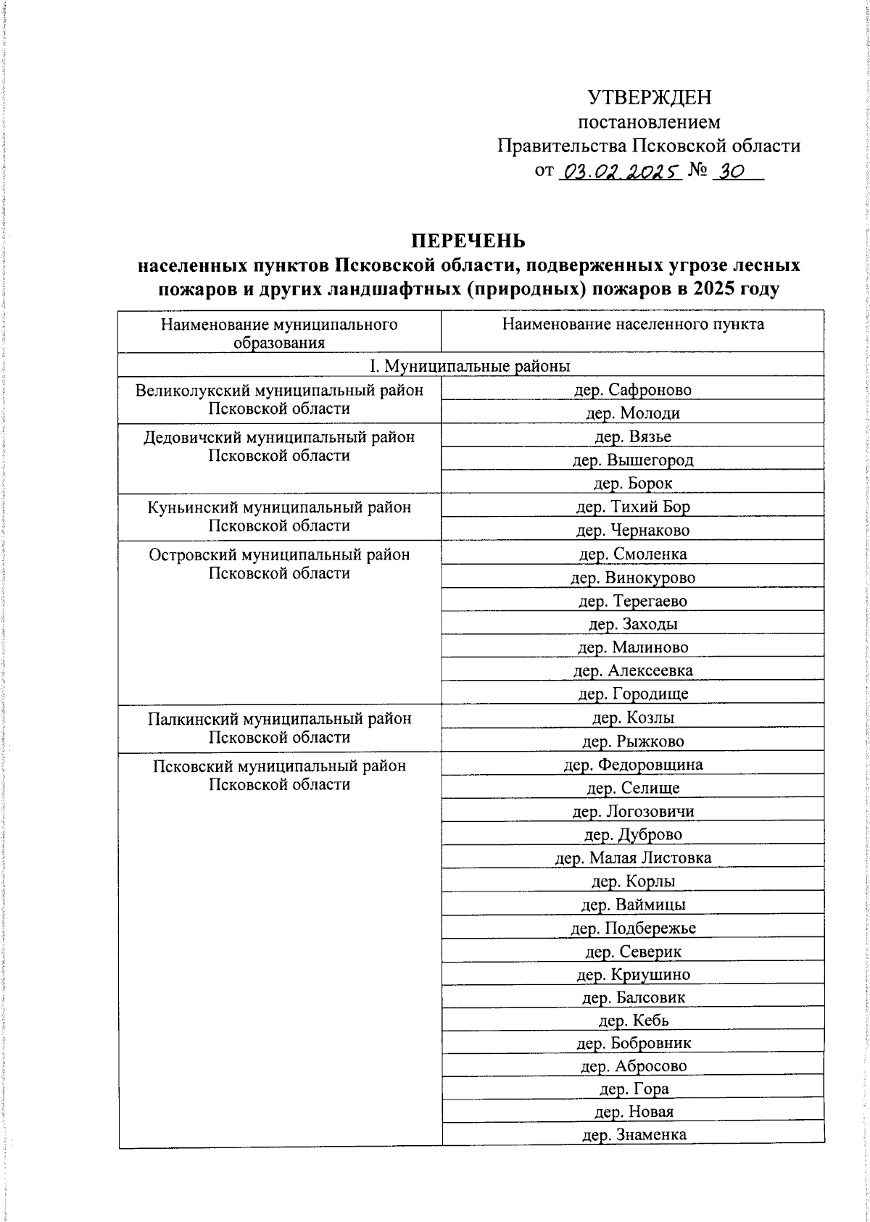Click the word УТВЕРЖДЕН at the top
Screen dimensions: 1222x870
649,97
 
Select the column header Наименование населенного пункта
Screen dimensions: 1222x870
633,324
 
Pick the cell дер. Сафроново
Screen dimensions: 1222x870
633,390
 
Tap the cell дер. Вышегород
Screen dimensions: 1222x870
633,460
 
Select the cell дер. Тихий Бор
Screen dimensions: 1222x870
633,507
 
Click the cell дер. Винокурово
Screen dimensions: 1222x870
633,578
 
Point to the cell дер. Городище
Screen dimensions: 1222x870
633,694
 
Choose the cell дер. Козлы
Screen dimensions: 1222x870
633,718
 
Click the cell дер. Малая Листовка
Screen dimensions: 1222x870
633,858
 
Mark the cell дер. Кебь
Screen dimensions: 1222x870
633,1021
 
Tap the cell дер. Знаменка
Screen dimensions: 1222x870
633,1135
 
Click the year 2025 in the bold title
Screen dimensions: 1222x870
694,289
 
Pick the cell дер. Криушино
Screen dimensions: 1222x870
633,974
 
